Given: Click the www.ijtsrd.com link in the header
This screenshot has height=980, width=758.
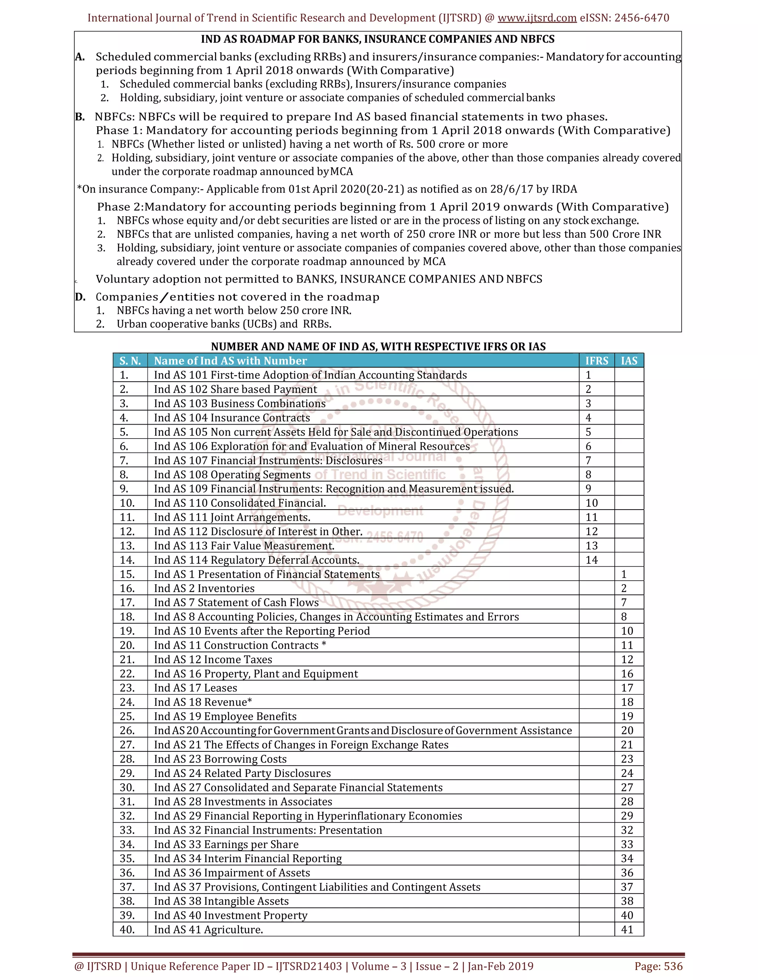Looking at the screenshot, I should tap(537, 18).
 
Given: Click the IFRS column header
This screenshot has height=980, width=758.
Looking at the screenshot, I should tap(596, 361).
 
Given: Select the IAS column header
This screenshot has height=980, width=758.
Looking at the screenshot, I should tap(629, 361).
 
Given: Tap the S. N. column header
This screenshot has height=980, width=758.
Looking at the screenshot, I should tap(130, 361).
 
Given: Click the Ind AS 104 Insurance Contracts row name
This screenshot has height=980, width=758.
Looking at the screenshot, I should tap(232, 418).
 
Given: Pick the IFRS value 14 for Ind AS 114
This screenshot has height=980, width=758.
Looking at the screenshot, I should tap(591, 560).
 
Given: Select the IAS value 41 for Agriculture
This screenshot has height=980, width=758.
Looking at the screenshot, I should tap(627, 929).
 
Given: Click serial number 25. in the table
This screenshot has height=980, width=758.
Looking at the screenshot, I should tap(127, 716).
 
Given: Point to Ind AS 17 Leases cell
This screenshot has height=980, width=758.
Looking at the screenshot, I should tap(195, 688).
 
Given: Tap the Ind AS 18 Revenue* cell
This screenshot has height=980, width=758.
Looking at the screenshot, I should tap(203, 702).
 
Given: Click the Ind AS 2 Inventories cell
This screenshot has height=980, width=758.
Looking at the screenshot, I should tap(204, 588).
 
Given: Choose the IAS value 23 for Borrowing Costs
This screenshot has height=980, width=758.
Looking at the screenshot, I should tap(627, 759).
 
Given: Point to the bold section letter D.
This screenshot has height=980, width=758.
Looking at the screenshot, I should tap(80, 297).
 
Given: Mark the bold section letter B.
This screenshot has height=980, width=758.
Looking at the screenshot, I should tap(80, 117).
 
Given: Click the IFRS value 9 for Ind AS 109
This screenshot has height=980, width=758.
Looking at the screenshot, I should tap(588, 489).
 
